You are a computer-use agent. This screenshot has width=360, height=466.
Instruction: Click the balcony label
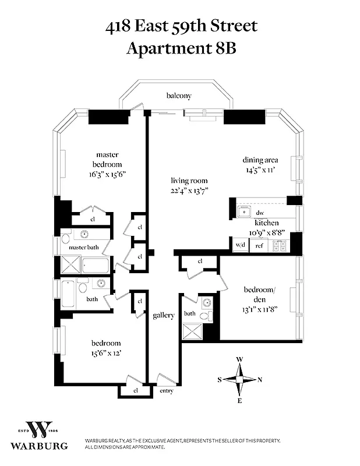pyautogui.click(x=178, y=96)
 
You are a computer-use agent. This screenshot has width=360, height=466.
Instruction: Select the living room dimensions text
pyautogui.click(x=189, y=190)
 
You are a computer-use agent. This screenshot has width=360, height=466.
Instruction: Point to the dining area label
pyautogui.click(x=260, y=160)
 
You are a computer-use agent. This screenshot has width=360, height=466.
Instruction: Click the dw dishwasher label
pyautogui.click(x=260, y=213)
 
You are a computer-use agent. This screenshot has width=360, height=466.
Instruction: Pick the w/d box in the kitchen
pyautogui.click(x=240, y=246)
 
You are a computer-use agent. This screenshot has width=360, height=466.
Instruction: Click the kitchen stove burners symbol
pyautogui.click(x=279, y=246)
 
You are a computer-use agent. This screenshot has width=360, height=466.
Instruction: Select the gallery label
pyautogui.click(x=164, y=316)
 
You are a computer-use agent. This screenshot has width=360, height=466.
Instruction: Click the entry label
pyautogui.click(x=166, y=391)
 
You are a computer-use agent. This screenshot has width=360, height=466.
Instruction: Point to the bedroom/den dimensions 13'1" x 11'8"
pyautogui.click(x=260, y=309)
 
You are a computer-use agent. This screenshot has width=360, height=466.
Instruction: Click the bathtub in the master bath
pyautogui.click(x=94, y=266)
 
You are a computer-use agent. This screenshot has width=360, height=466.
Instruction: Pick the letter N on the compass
pyautogui.click(x=260, y=380)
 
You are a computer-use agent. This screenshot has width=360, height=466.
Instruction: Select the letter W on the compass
pyautogui.click(x=239, y=359)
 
